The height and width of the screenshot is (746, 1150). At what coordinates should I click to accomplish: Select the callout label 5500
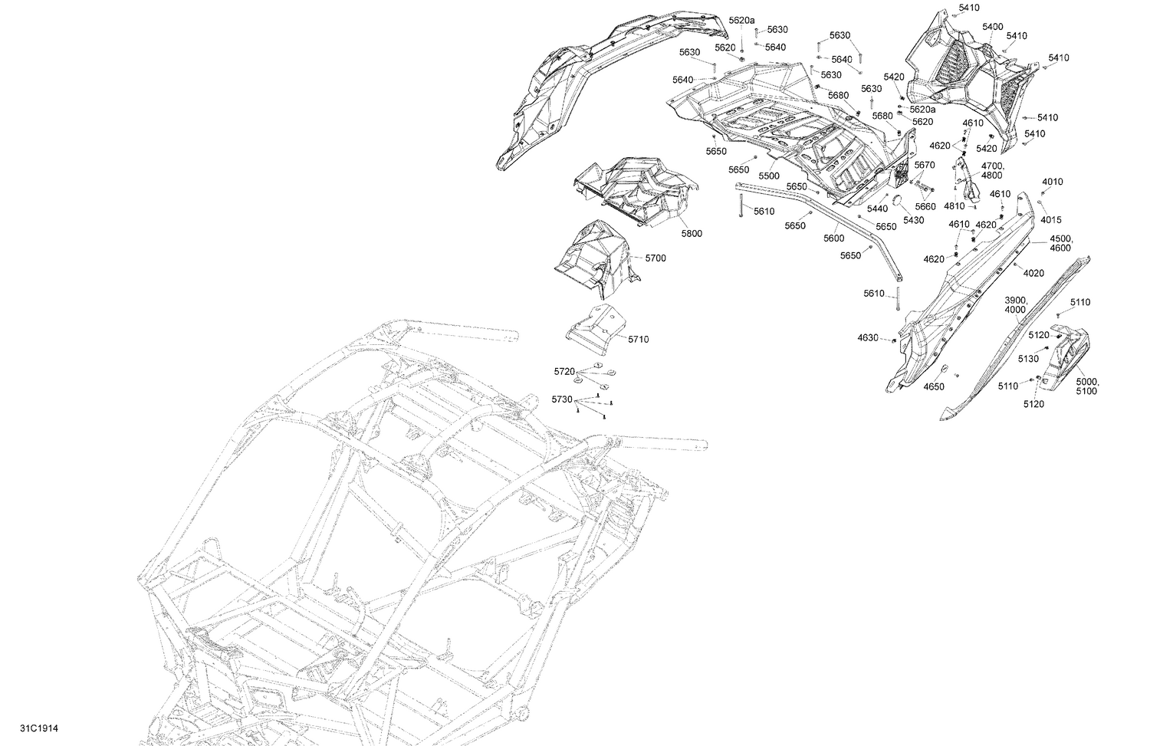tap(769, 176)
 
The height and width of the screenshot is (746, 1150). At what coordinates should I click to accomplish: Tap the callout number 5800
tap(691, 233)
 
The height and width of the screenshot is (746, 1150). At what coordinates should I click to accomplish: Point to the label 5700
tap(655, 258)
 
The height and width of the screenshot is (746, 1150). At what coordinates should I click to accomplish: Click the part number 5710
tap(637, 339)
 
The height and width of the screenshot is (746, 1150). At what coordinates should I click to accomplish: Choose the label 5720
tap(564, 371)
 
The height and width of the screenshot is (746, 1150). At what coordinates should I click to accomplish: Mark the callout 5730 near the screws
tap(562, 399)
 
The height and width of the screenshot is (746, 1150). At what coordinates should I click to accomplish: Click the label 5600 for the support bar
tap(834, 238)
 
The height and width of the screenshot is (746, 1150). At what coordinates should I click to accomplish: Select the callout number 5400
tap(992, 27)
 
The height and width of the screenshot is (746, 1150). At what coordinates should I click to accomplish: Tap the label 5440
tap(877, 209)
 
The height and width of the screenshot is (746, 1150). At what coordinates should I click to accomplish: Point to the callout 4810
tap(954, 206)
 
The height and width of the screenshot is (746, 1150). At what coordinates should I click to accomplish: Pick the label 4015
tap(1051, 220)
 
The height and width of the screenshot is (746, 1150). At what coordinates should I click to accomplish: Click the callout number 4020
tap(1033, 274)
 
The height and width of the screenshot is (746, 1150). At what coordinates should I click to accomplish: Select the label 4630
tap(868, 338)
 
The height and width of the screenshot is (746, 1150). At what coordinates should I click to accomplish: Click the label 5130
tap(1028, 359)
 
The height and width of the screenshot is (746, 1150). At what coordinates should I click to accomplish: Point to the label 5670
tap(925, 165)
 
